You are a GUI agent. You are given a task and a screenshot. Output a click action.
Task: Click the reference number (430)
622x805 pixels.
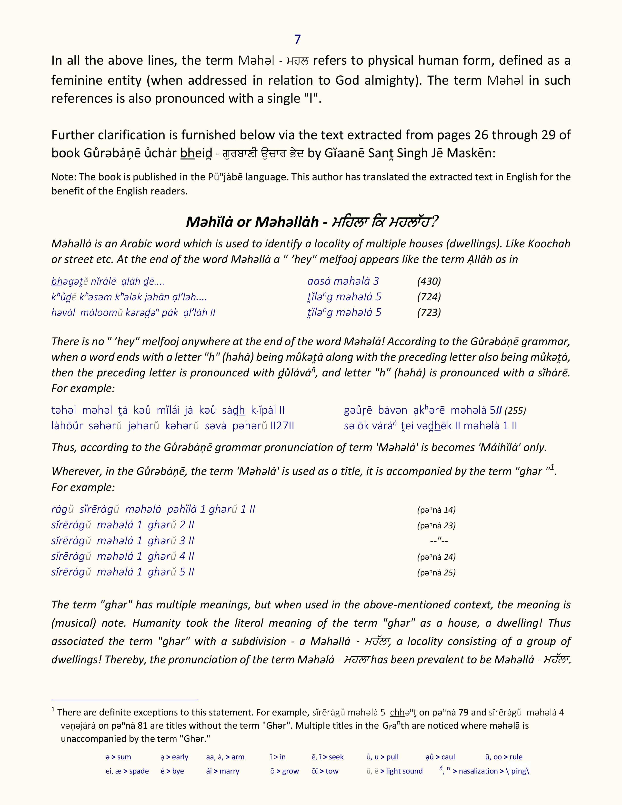429,281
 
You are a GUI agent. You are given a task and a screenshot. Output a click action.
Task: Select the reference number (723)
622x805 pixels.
429,312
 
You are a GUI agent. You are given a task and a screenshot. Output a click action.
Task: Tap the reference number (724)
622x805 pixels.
429,297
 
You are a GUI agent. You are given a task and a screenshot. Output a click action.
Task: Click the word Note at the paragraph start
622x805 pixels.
63,177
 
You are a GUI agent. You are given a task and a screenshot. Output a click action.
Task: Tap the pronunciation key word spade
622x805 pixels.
139,771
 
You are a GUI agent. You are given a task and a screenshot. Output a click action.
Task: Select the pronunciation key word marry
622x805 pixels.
229,771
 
